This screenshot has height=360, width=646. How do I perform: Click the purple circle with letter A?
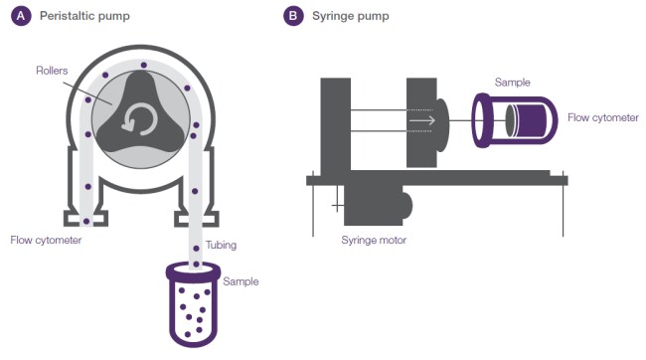pos(21,16)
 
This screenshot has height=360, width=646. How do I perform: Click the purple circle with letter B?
pos(293,16)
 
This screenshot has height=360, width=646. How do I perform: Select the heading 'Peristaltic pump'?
pos(84,16)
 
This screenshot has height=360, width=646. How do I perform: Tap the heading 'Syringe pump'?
pos(351,16)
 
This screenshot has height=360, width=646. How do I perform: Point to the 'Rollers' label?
pos(52,71)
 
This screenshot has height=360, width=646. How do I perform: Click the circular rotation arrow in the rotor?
pos(140,120)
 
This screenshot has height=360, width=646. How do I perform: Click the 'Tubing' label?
pos(222,245)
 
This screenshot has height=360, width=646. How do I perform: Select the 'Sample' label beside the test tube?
pos(242,281)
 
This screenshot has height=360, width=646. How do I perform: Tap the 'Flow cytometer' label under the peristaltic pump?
pos(46,240)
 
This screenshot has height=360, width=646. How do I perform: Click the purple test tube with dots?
pos(193,304)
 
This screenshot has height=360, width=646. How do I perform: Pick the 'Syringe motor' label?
pos(374,240)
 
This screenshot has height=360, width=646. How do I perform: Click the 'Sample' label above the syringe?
pos(513,83)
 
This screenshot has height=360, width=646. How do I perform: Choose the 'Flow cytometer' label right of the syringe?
pos(603,117)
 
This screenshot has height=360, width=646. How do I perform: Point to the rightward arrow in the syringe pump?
pos(422,120)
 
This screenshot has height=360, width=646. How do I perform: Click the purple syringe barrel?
pos(515,120)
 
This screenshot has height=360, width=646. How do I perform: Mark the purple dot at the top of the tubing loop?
pos(144,66)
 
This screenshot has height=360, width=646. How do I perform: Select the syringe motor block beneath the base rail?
pos(376,205)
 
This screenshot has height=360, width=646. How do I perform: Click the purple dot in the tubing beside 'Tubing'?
pos(196,249)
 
